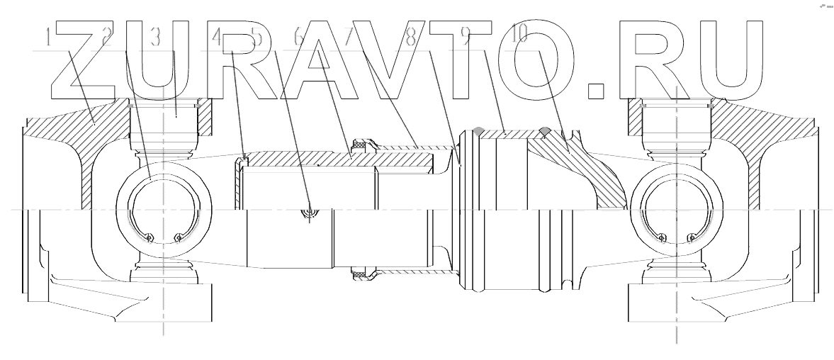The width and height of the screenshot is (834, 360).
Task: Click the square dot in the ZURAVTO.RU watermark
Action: coord(598,89)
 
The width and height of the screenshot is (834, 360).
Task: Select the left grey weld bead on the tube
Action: coord(478,130)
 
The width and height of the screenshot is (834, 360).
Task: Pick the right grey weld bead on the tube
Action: coord(544,130)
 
